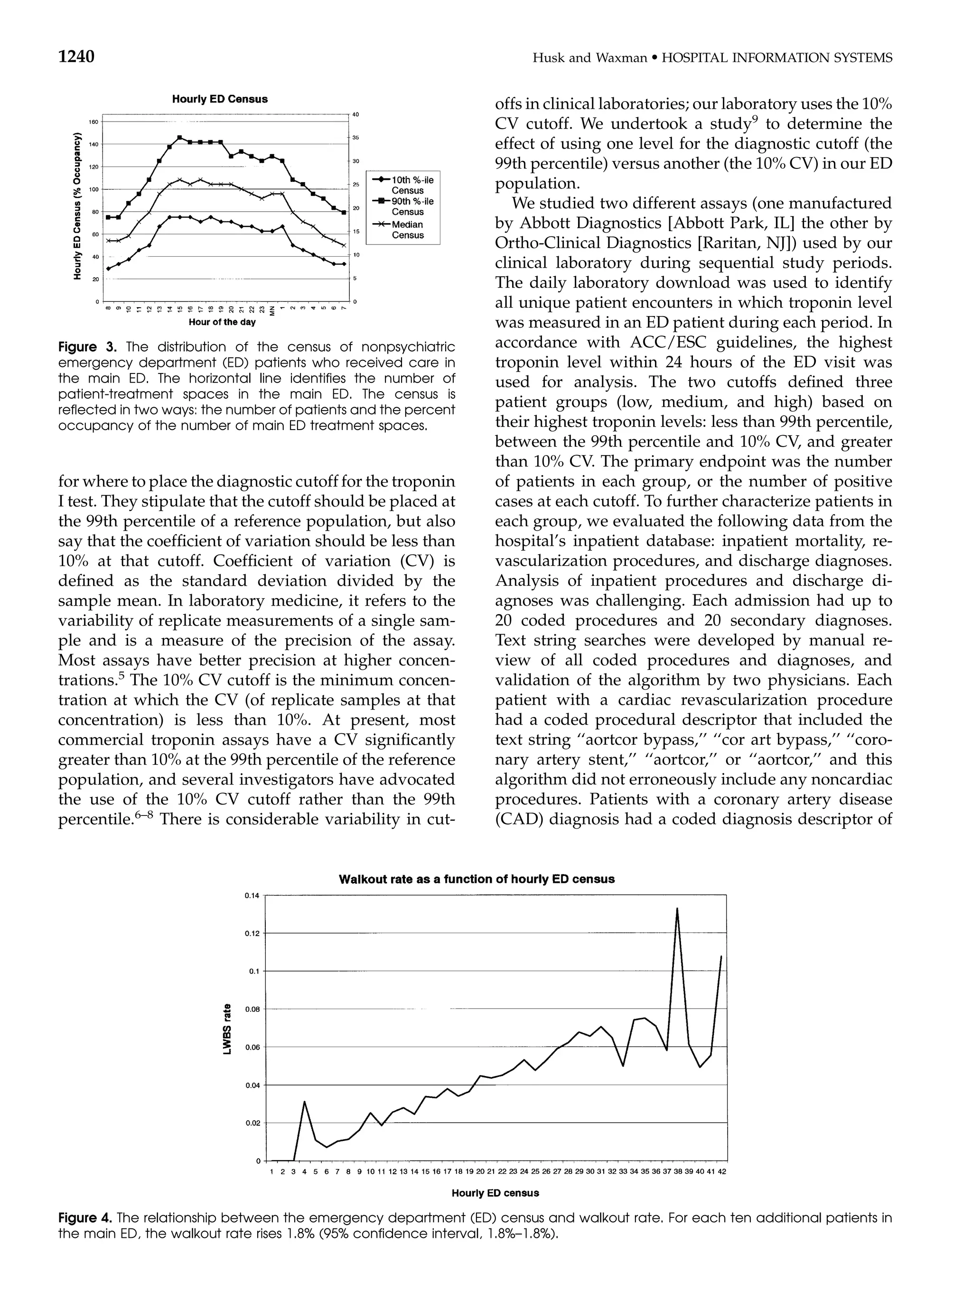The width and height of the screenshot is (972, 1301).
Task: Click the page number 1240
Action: pyautogui.click(x=76, y=57)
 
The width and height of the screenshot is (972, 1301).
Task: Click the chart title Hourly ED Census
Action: pyautogui.click(x=219, y=99)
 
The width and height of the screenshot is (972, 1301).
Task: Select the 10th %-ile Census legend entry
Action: pyautogui.click(x=407, y=185)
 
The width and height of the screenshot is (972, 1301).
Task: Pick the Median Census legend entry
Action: pyautogui.click(x=407, y=229)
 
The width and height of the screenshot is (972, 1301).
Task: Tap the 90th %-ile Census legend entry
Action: pyautogui.click(x=407, y=206)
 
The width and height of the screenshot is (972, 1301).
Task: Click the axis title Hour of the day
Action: pyautogui.click(x=222, y=322)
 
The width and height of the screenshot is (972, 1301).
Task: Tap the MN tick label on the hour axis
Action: pyautogui.click(x=271, y=310)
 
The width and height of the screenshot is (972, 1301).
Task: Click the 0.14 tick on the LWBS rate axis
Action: pyautogui.click(x=251, y=896)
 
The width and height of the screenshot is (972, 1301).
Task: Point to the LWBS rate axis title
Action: pyautogui.click(x=227, y=1028)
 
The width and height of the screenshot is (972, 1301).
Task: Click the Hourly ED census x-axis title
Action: pyautogui.click(x=495, y=1193)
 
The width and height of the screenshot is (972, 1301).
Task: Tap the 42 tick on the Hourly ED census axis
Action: pyautogui.click(x=721, y=1171)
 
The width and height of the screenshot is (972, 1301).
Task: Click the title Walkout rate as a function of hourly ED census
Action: pyautogui.click(x=477, y=879)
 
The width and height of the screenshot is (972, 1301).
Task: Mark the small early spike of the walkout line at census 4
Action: pyautogui.click(x=305, y=1102)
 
